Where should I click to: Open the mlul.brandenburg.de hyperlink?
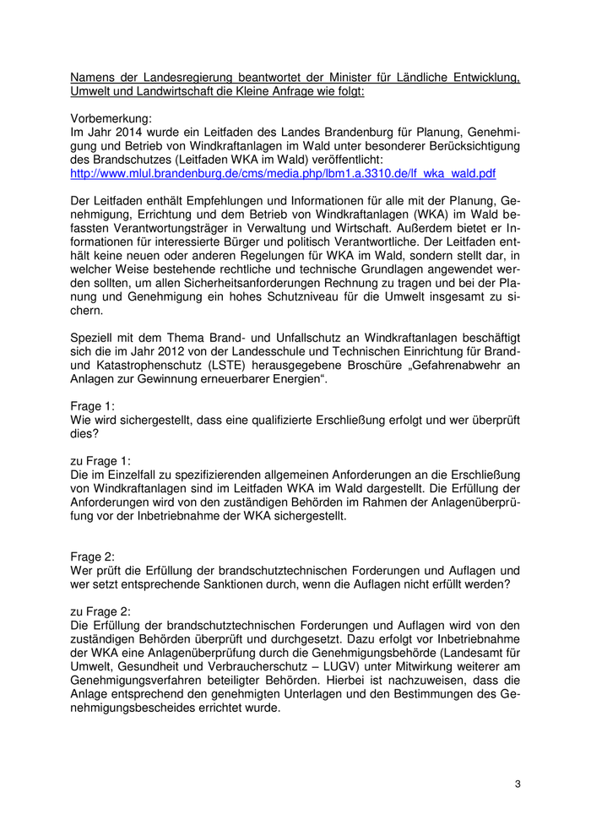[x=283, y=173]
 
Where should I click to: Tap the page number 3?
[x=518, y=784]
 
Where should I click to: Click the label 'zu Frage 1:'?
[x=100, y=460]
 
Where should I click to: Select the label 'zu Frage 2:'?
[x=100, y=607]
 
